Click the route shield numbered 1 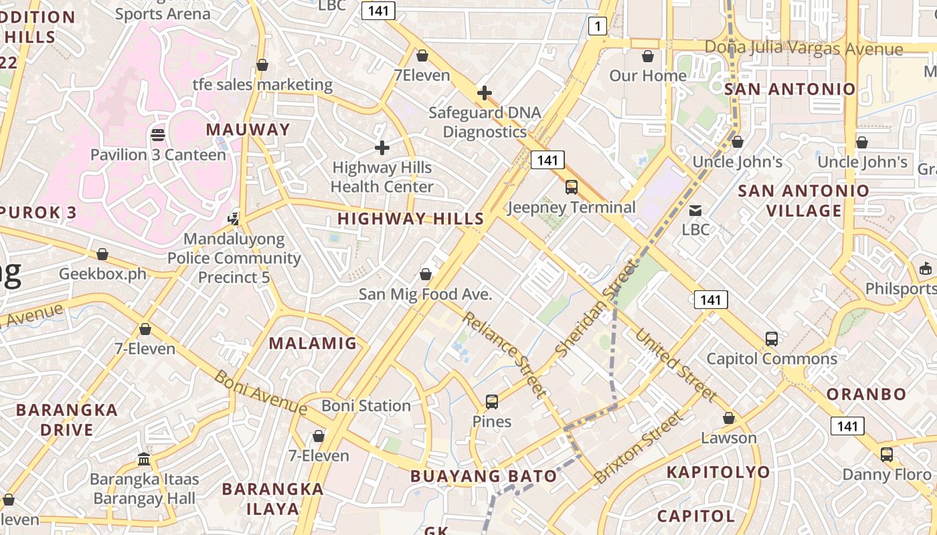[598, 26]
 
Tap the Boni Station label [366, 406]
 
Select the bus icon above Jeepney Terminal [572, 187]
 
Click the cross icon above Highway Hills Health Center [382, 147]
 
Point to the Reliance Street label [504, 354]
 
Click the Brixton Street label [640, 447]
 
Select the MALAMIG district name [313, 344]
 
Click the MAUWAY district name [248, 130]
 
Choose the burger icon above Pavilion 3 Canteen [158, 135]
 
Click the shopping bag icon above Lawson [729, 419]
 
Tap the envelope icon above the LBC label [696, 211]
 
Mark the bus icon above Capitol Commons [772, 339]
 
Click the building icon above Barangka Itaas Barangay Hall [144, 459]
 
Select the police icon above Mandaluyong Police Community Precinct [234, 219]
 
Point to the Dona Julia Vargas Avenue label [804, 48]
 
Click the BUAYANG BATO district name [483, 476]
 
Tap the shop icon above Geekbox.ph [102, 255]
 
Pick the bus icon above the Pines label [492, 402]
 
